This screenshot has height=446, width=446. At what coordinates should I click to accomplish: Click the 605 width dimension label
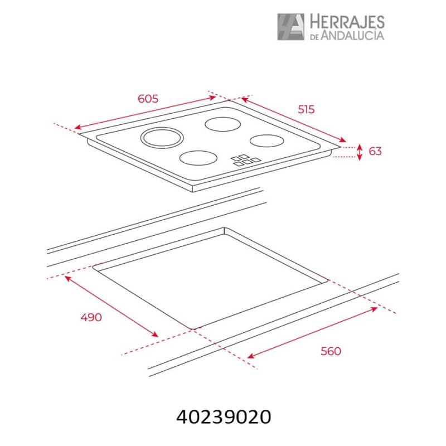[x=148, y=99]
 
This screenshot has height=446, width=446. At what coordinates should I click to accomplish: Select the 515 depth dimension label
[x=306, y=109]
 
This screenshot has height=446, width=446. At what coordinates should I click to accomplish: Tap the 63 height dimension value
[x=375, y=151]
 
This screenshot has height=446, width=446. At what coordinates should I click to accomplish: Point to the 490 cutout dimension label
[x=91, y=317]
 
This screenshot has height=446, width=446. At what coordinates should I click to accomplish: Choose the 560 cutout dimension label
[x=331, y=351]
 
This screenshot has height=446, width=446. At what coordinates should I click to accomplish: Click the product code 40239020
[x=224, y=417]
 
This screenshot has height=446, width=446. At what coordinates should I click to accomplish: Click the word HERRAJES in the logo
[x=347, y=22]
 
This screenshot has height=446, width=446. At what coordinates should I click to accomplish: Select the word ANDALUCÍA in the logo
[x=352, y=35]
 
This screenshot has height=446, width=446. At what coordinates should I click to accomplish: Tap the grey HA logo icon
[x=290, y=27]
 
